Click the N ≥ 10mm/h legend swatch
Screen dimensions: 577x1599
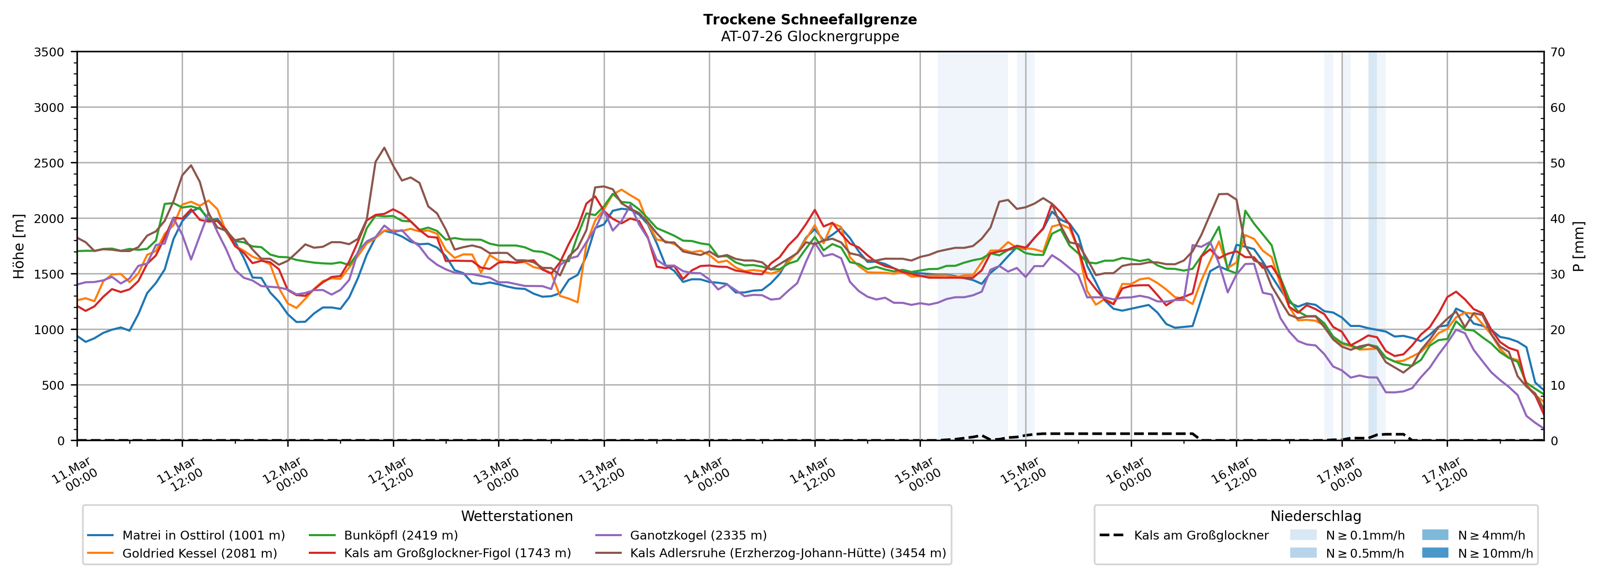pyautogui.click(x=1435, y=553)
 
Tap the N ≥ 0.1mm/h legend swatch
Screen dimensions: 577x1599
pyautogui.click(x=1302, y=535)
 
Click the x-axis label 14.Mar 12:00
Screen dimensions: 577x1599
pyautogui.click(x=812, y=475)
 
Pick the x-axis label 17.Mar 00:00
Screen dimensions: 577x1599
pyautogui.click(x=1339, y=475)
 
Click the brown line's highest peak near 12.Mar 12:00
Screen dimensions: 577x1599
pyautogui.click(x=384, y=148)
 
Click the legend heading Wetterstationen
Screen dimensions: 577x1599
pyautogui.click(x=517, y=516)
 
